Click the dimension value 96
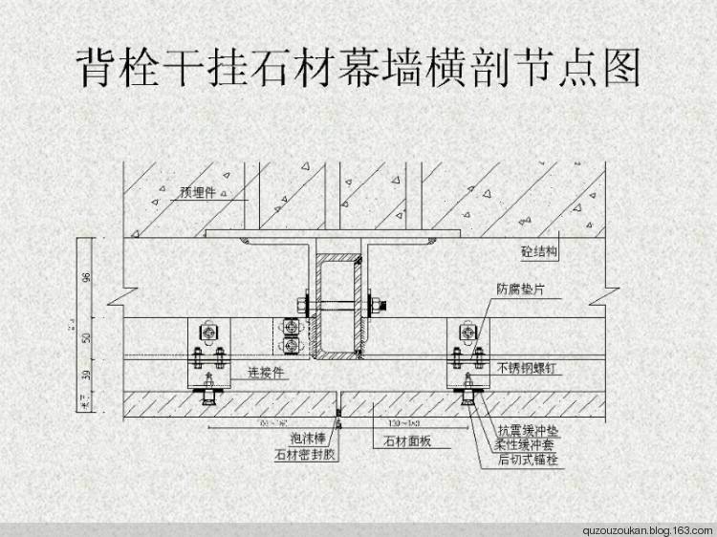(x=86, y=278)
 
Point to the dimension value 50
(x=86, y=338)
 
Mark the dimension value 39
(x=86, y=375)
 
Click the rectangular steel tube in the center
(x=338, y=306)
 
